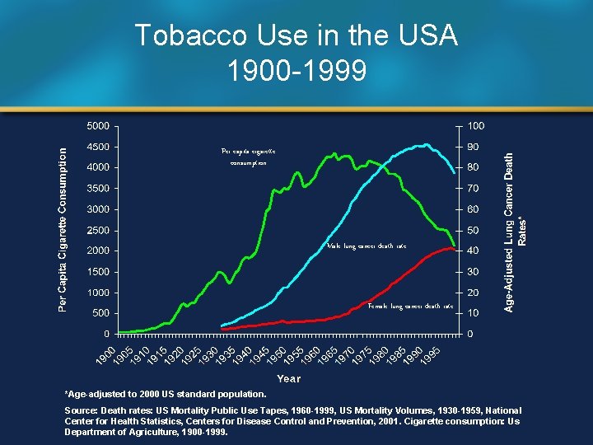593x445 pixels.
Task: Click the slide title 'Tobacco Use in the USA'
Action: [x=296, y=36]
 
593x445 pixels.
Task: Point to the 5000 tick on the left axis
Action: [x=97, y=126]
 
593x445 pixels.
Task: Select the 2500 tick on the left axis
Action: [x=97, y=230]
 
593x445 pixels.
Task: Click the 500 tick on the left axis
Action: [x=100, y=313]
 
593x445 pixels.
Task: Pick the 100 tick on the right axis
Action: [x=475, y=126]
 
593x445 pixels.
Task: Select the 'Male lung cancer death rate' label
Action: [x=367, y=246]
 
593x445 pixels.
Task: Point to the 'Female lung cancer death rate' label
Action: [x=410, y=306]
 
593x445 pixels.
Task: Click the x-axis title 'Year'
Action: [x=288, y=378]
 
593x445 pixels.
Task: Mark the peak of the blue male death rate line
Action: [x=425, y=145]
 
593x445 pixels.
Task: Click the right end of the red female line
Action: [x=455, y=248]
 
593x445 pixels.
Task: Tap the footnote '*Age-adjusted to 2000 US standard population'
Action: [x=166, y=394]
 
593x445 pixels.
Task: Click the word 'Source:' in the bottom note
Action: [x=82, y=410]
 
